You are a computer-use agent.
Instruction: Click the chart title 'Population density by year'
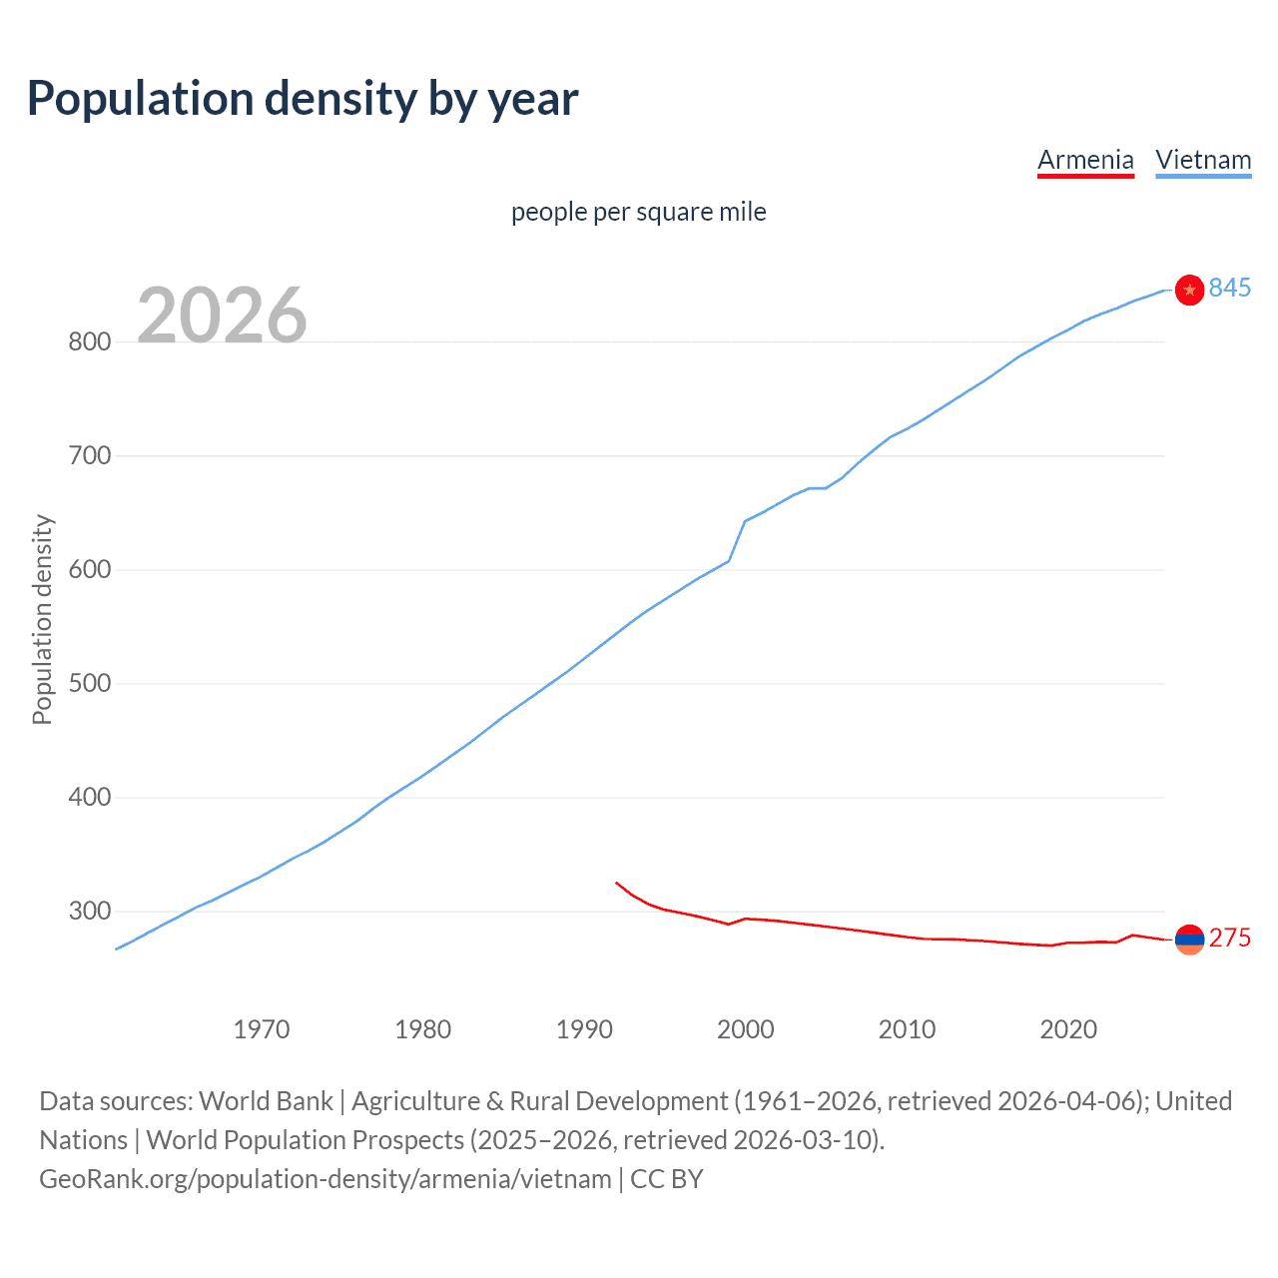(303, 99)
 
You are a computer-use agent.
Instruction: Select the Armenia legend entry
(1085, 160)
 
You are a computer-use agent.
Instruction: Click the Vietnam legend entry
(1203, 160)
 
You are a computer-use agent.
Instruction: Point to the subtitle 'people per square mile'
(638, 212)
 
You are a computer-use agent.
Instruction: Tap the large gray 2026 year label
(222, 316)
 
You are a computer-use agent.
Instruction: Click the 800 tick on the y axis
(89, 342)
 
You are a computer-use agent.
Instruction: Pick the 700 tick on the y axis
(89, 456)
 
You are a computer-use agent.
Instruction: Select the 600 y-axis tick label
(89, 570)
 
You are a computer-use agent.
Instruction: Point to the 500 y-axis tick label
(89, 684)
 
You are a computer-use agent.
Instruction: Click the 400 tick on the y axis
(89, 798)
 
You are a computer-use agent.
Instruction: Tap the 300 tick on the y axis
(89, 912)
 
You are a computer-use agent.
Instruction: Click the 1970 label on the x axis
(261, 1029)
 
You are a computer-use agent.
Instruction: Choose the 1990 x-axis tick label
(584, 1029)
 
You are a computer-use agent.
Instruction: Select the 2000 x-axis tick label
(745, 1029)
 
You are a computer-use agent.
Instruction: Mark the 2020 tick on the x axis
(1068, 1029)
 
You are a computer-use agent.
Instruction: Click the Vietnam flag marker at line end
(1189, 290)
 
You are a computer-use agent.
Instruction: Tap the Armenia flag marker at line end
(1189, 939)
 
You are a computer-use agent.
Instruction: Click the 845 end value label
(1229, 289)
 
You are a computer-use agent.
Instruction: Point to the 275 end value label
(1229, 939)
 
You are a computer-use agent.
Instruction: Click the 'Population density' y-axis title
(42, 619)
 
